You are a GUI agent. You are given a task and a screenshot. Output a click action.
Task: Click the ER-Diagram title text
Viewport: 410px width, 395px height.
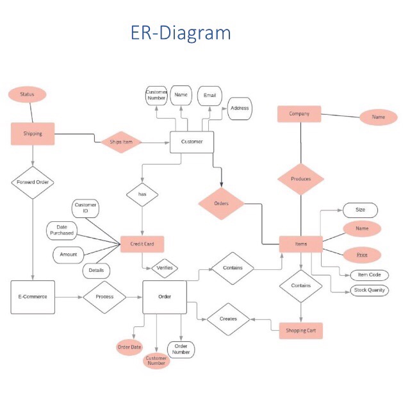pos(181,33)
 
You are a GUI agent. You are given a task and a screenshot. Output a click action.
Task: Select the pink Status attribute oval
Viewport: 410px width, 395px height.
pos(27,94)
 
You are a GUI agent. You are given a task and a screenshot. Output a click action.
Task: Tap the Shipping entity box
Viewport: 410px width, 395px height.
pos(33,133)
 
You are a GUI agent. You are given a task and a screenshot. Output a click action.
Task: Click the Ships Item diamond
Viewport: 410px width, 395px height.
pos(120,142)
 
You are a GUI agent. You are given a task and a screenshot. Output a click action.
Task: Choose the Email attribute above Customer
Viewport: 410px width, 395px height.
pos(209,96)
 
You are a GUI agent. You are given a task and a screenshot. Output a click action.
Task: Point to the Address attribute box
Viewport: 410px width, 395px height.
pos(239,108)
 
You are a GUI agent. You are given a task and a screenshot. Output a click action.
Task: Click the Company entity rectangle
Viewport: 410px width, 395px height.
pos(299,114)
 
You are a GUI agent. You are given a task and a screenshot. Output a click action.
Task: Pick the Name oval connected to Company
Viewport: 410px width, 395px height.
pos(378,117)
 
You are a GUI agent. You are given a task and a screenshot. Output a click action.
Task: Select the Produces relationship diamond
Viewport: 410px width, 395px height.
pos(300,179)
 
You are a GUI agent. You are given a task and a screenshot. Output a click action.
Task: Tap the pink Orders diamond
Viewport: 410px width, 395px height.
pos(221,204)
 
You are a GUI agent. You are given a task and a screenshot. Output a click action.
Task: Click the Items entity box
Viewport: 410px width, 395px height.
pos(300,244)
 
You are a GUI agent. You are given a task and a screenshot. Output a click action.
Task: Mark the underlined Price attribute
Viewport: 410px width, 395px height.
pos(362,255)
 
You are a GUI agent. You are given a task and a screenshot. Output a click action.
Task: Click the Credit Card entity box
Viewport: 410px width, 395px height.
pos(142,244)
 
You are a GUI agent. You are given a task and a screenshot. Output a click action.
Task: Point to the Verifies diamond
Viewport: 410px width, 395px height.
pos(165,268)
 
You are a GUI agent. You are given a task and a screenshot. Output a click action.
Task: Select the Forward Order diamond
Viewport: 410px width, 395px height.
pos(32,182)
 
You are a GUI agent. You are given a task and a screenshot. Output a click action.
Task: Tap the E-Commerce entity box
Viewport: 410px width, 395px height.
pos(33,297)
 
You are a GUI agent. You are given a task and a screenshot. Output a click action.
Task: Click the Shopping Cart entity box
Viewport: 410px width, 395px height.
pos(300,331)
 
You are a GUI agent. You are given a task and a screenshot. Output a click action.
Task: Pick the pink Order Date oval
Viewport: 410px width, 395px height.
pos(129,347)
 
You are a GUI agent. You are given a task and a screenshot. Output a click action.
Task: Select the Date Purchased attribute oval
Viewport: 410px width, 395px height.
pos(61,230)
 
